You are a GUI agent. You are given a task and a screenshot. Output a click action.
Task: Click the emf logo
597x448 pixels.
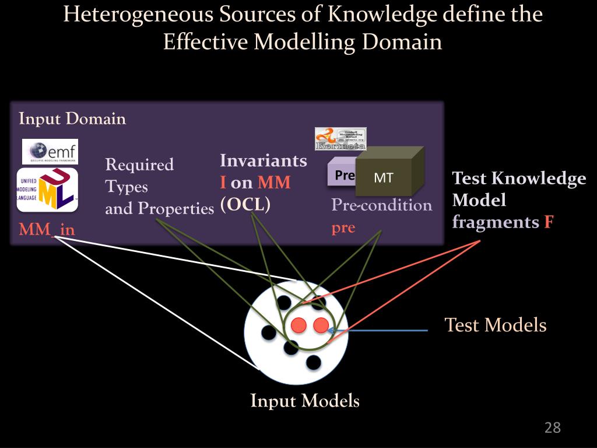click(50, 152)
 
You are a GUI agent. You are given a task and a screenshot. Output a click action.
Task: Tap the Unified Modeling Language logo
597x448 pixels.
click(48, 190)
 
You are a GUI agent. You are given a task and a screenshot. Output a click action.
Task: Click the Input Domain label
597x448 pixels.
click(72, 119)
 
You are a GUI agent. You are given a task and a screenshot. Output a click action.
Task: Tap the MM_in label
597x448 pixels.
click(47, 229)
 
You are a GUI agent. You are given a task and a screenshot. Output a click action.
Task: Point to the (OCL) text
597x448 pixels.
click(245, 205)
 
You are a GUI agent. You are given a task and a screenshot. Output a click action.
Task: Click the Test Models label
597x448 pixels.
click(496, 325)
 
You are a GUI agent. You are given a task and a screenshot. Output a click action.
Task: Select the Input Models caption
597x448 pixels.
click(305, 401)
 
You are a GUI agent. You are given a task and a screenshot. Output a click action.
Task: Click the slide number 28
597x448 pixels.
click(552, 428)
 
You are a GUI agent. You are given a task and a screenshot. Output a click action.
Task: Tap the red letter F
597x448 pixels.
click(548, 222)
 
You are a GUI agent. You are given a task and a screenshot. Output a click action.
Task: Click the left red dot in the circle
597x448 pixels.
click(298, 325)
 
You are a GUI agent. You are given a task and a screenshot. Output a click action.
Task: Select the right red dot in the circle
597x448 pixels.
click(321, 325)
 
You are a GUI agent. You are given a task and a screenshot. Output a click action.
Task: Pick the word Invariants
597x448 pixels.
click(264, 160)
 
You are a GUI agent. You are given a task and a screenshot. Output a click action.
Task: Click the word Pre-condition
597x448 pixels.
click(382, 205)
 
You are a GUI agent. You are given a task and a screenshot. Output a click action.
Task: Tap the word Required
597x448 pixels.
click(139, 165)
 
